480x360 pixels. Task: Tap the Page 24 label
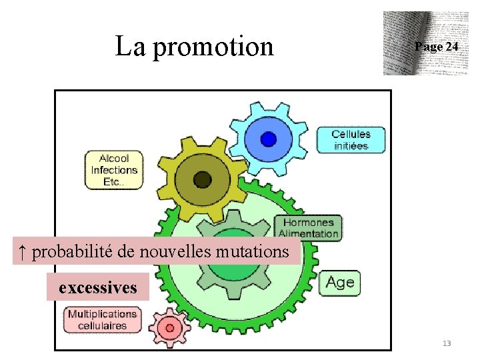click(436, 47)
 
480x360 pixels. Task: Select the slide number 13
click(447, 343)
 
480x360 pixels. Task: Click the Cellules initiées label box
click(350, 139)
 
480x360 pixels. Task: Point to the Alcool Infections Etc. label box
click(114, 170)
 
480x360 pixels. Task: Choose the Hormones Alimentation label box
click(308, 227)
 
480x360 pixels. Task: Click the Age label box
click(340, 283)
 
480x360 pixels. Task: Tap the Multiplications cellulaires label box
click(103, 319)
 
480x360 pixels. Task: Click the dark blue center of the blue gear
click(268, 139)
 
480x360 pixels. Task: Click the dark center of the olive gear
click(202, 179)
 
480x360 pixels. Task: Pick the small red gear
click(169, 327)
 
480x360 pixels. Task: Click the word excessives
click(97, 288)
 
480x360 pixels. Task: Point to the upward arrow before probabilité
click(22, 252)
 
